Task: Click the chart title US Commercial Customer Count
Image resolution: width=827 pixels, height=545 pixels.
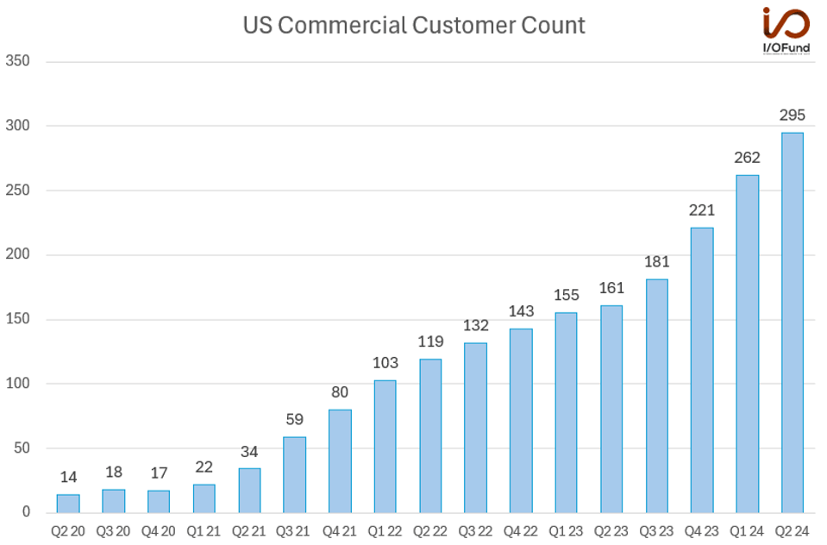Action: pos(413,26)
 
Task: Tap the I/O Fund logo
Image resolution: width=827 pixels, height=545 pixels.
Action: pos(786,31)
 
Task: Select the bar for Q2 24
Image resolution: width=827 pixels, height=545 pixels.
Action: pos(792,323)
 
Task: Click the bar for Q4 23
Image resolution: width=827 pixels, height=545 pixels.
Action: pos(701,370)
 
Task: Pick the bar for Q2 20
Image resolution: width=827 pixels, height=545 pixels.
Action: pos(68,504)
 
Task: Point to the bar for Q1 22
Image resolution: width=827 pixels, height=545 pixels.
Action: pos(385,447)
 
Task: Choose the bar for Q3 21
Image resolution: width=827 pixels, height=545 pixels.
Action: pos(294,474)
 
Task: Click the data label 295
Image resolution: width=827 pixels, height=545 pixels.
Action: pos(792,115)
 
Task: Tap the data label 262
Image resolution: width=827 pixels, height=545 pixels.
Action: pos(747,158)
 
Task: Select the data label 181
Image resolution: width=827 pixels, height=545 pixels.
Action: pos(656,261)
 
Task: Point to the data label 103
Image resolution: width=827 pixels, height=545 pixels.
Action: pos(385,362)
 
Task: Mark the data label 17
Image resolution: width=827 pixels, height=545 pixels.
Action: pos(159,473)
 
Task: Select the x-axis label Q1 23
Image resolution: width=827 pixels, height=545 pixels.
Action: pos(566,531)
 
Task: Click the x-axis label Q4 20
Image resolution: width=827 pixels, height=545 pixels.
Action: pos(159,531)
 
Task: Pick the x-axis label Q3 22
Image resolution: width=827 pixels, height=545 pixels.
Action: pos(475,531)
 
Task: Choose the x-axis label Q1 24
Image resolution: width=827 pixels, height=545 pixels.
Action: pos(747,531)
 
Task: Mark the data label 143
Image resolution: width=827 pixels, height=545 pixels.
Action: pos(520,311)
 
